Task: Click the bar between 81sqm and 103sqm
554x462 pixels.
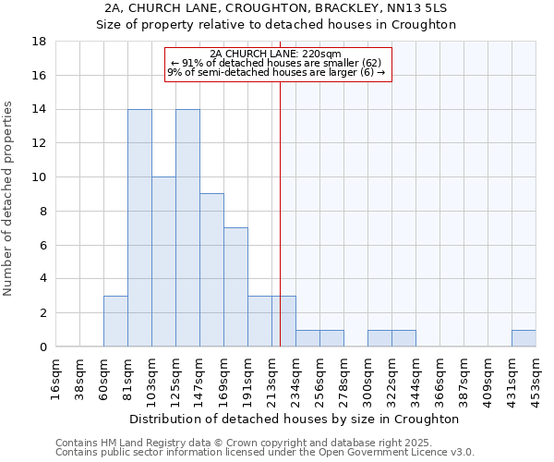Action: [x=139, y=228]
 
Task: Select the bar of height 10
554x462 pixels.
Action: [x=163, y=261]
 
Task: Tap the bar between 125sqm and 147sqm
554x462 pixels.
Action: [x=187, y=228]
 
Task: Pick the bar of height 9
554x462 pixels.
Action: [x=211, y=270]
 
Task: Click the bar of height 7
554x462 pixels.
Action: [x=235, y=287]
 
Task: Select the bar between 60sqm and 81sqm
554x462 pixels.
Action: [x=115, y=322]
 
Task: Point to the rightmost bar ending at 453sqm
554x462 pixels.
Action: [x=524, y=338]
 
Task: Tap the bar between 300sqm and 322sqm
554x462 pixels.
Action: [x=379, y=338]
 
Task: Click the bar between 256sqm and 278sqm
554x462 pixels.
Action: [x=331, y=338]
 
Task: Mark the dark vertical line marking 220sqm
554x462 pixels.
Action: [x=280, y=213]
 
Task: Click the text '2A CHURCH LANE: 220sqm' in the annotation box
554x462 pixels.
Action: [x=278, y=54]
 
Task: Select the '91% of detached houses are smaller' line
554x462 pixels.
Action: [x=278, y=63]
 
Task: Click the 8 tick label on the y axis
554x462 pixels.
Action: [x=43, y=212]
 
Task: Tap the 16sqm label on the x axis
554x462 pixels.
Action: [x=56, y=379]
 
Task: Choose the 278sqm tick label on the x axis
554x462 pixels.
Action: [x=344, y=379]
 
